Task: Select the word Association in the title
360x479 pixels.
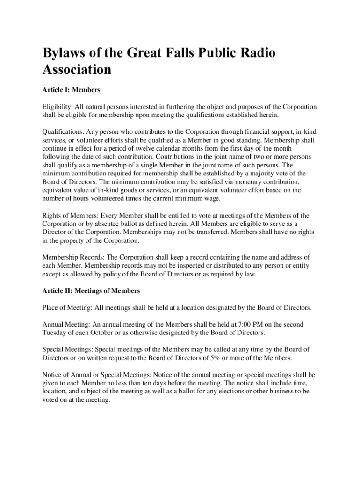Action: [77, 70]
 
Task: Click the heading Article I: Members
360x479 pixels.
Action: [72, 89]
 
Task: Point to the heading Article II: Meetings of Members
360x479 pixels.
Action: [91, 291]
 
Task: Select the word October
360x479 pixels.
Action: [115, 333]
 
